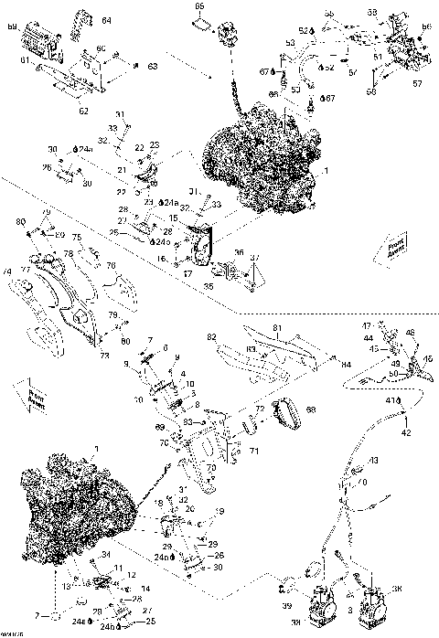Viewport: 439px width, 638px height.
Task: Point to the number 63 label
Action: coord(154,66)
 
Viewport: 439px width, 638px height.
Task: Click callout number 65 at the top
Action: coord(199,7)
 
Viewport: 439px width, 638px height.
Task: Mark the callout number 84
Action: coord(347,363)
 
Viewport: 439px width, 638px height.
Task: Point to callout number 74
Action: coord(6,271)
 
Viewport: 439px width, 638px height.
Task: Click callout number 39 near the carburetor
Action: coord(284,606)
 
